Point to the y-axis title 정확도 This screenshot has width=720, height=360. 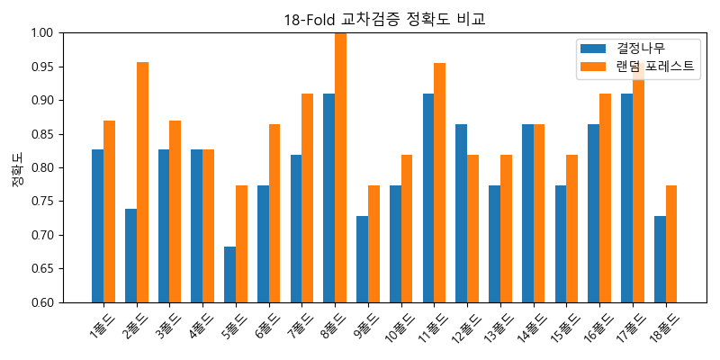(17, 167)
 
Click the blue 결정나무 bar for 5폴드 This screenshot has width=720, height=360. (229, 274)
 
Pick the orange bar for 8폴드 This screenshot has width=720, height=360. (340, 167)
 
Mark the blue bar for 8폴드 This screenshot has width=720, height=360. (328, 198)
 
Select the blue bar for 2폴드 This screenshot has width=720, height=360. (130, 256)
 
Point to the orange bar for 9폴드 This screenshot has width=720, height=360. (373, 244)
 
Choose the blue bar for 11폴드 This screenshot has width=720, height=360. (428, 198)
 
